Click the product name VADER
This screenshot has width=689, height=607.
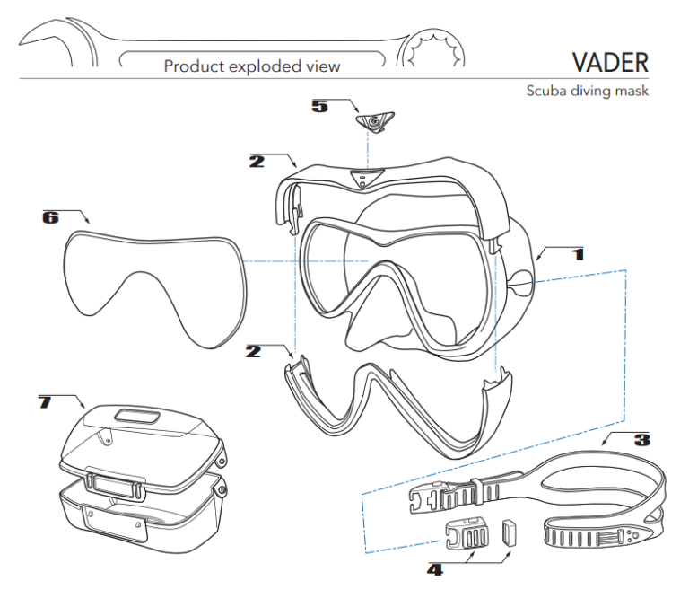[x=609, y=63]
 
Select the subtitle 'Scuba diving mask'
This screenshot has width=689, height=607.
[x=587, y=91]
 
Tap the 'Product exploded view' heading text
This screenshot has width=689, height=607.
[x=252, y=66]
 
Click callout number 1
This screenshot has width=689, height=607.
[x=579, y=254]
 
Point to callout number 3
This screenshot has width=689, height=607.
[x=641, y=440]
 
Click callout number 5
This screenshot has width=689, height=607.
[x=319, y=106]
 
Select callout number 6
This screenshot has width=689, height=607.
[x=50, y=216]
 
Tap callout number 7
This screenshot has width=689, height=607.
[x=45, y=400]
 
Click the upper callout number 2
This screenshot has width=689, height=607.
[x=257, y=162]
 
